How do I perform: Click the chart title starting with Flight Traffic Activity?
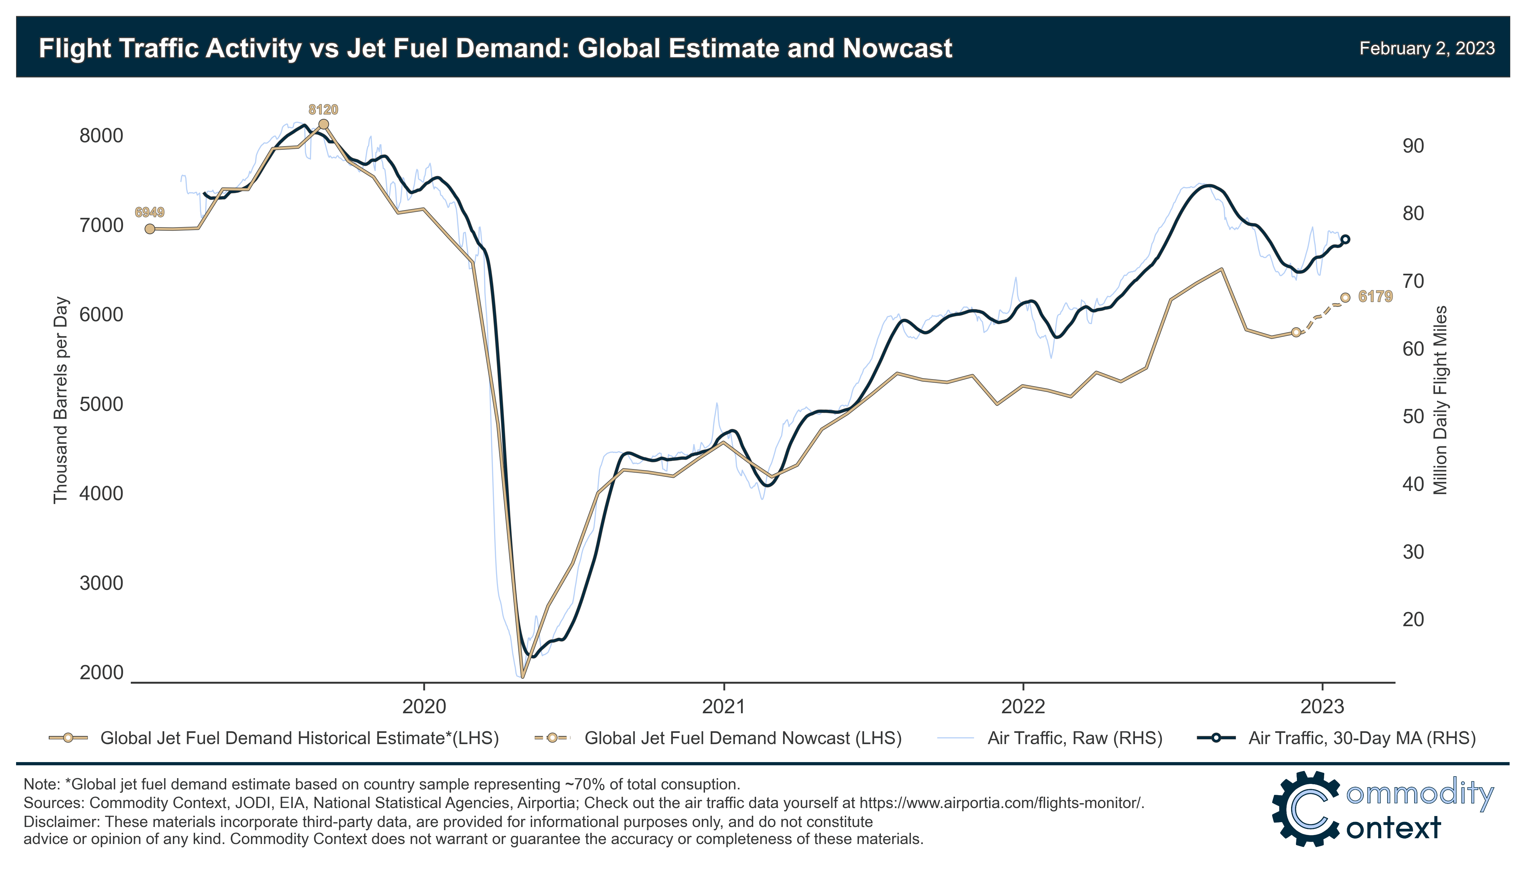tap(495, 48)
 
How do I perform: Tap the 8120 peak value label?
tap(323, 110)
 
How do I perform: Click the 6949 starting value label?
tap(149, 212)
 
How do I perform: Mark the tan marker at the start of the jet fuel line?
tap(149, 228)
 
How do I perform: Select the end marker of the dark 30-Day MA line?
tap(1345, 239)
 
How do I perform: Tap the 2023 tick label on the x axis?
tap(1322, 707)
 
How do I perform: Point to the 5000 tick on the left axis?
tap(101, 404)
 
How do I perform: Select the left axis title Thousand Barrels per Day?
tap(60, 400)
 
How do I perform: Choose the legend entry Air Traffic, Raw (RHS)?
tap(1074, 738)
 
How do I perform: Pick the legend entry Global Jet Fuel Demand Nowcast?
tap(742, 738)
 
